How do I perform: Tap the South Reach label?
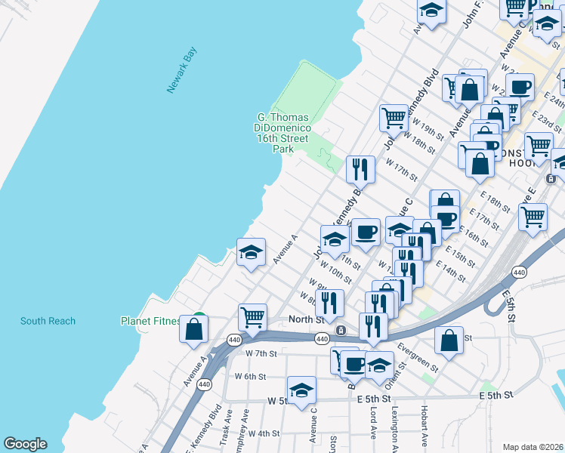(x=48, y=321)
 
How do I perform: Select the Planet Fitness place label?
(x=150, y=321)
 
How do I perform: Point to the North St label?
(x=306, y=320)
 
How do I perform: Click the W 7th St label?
(x=261, y=353)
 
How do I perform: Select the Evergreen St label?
(x=419, y=359)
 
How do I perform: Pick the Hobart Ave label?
(x=425, y=429)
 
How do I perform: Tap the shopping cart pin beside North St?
(x=252, y=316)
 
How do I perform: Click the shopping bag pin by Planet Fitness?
(x=194, y=328)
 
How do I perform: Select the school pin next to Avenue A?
(x=251, y=251)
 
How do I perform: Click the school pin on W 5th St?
(x=301, y=390)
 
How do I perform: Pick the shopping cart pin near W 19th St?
(x=393, y=118)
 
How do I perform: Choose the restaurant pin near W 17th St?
(x=360, y=169)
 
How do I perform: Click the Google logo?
(x=25, y=444)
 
